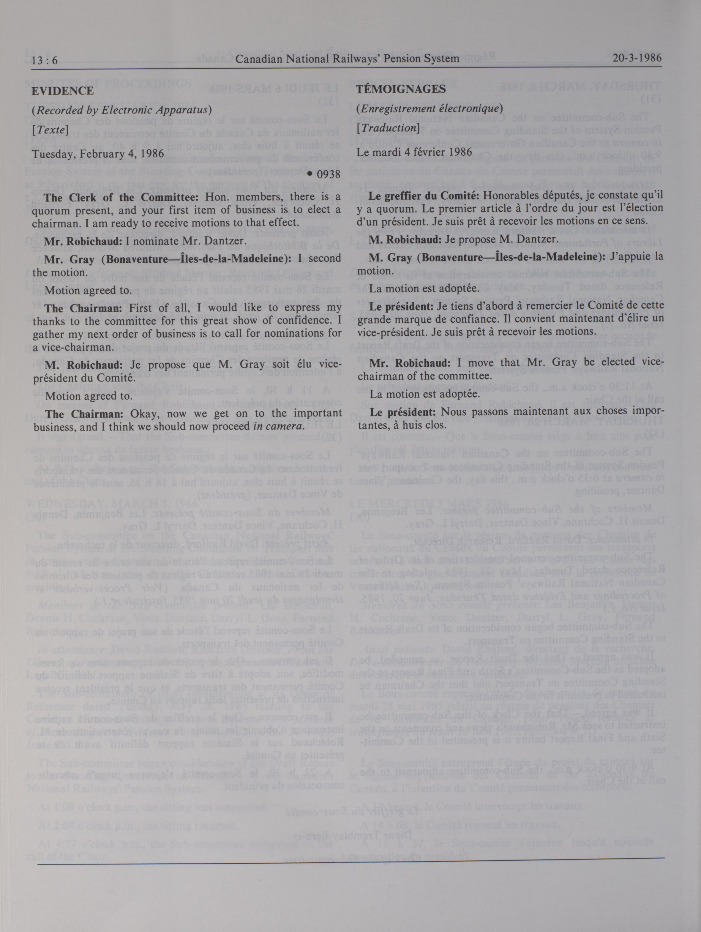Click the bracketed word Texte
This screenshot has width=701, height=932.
tap(50, 130)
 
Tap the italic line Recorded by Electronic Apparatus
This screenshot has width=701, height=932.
tap(122, 110)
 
